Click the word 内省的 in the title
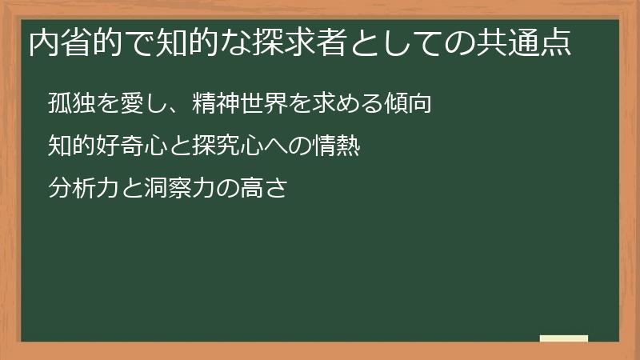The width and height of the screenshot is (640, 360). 71,42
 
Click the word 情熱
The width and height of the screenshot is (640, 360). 336,146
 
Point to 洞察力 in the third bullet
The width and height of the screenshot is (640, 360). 164,190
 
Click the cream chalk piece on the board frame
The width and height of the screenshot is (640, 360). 564,338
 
